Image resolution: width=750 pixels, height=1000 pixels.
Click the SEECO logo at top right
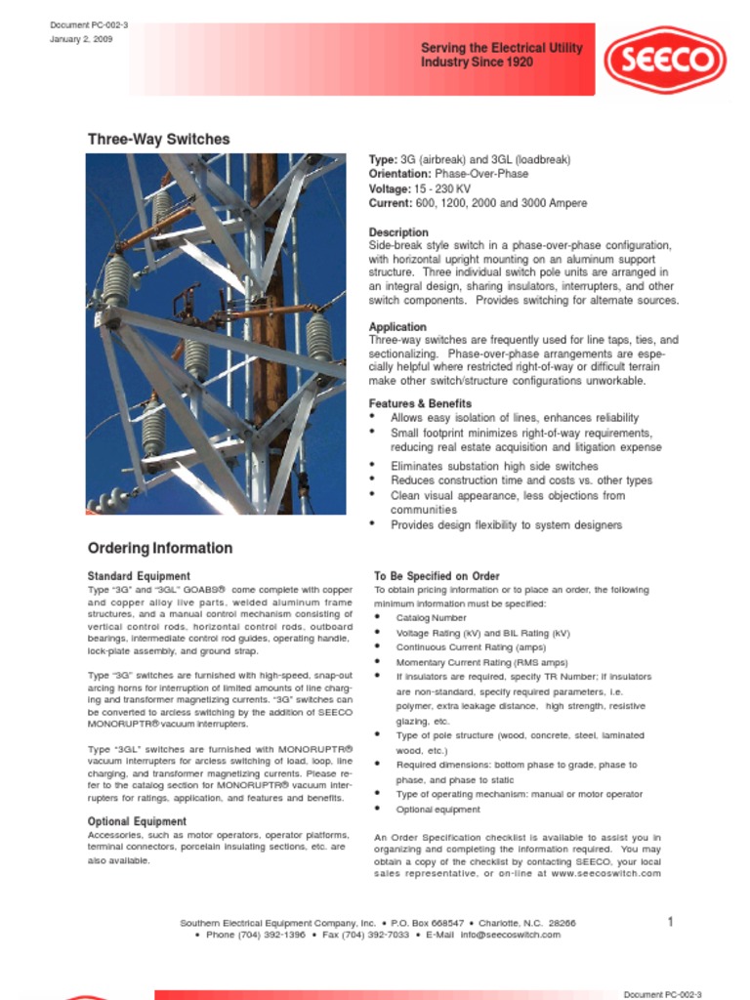664,60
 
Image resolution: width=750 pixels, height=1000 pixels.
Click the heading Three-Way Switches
158,140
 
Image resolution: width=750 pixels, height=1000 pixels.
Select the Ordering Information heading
160,548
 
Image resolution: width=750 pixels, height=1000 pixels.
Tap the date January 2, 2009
81,39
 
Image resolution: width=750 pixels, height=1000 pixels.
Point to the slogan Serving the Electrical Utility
501,48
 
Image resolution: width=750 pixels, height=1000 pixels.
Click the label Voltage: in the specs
390,188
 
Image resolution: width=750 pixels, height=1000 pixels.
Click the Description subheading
398,232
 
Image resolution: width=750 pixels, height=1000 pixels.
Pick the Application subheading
397,327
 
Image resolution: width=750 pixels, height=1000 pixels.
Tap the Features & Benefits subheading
420,403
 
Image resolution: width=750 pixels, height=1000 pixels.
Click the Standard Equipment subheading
139,576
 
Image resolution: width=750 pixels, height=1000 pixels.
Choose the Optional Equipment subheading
137,821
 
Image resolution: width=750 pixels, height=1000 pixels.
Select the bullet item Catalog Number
431,618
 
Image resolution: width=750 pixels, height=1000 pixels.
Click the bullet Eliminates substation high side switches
494,467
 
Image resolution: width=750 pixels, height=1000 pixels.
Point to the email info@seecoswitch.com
511,935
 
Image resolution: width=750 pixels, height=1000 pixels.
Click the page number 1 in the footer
671,922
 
